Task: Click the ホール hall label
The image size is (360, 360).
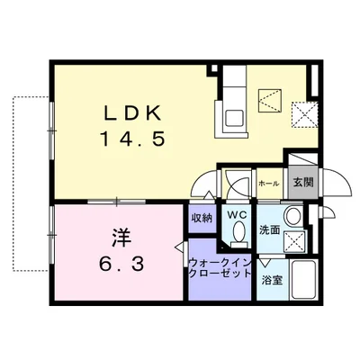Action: (268, 184)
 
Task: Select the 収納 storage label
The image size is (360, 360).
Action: (201, 217)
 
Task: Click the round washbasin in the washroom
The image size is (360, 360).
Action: (292, 216)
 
